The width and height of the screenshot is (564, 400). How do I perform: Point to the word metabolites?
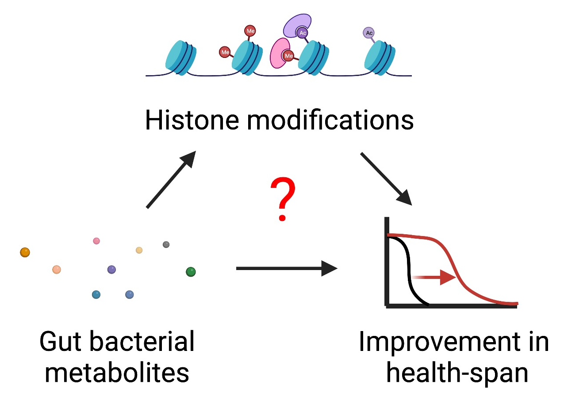point(117,373)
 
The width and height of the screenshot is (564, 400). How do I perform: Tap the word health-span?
point(457,373)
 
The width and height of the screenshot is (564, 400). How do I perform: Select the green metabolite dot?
point(191,272)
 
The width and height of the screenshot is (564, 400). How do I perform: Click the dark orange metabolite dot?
point(25,252)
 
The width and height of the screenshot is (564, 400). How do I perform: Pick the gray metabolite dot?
point(166,244)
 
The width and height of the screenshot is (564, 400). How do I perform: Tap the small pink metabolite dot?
point(96,241)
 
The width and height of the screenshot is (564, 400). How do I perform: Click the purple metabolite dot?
point(111,269)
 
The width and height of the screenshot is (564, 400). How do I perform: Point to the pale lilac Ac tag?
point(368,33)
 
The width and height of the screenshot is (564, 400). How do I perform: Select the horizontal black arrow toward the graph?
point(286,268)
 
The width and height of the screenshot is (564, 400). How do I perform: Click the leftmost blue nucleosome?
point(180,58)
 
